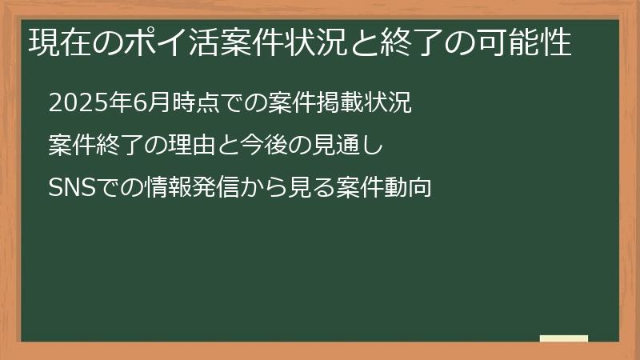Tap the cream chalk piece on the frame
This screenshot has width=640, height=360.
tap(564, 339)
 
